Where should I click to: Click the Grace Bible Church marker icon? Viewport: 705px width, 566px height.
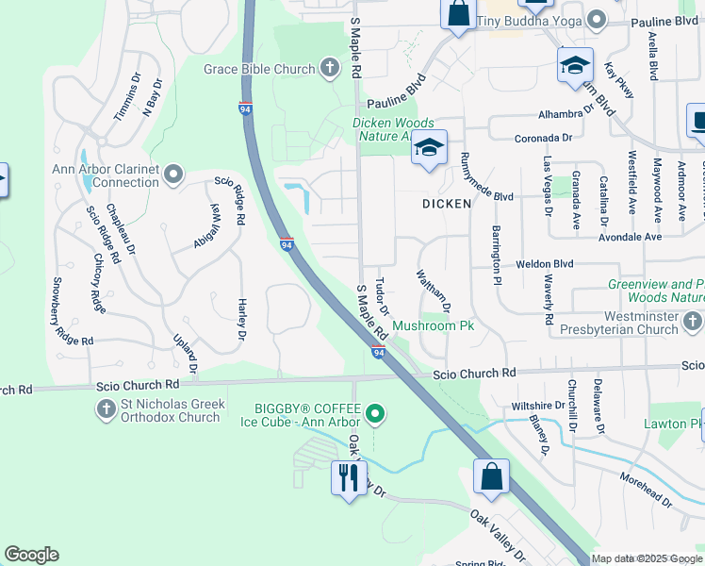pos(329,68)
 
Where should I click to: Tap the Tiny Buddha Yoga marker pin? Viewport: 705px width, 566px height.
pos(597,20)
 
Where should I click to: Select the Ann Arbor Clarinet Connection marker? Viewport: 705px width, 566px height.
pos(173,174)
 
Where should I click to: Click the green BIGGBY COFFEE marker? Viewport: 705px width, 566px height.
pos(375,413)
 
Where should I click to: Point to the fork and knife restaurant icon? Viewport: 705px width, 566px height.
pos(347,477)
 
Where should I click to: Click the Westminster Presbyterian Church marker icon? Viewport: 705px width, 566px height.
pos(693,322)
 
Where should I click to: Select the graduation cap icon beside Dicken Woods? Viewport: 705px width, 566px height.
pos(429,149)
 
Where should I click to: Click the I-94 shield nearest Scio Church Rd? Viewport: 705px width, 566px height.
pos(377,353)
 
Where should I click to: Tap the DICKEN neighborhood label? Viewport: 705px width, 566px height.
pos(446,203)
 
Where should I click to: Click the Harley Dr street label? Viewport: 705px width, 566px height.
pos(241,320)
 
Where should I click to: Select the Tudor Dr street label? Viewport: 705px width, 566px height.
pos(383,296)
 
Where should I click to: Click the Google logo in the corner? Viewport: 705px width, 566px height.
pos(31,555)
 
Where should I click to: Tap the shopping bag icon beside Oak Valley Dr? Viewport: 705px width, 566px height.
pos(491,476)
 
